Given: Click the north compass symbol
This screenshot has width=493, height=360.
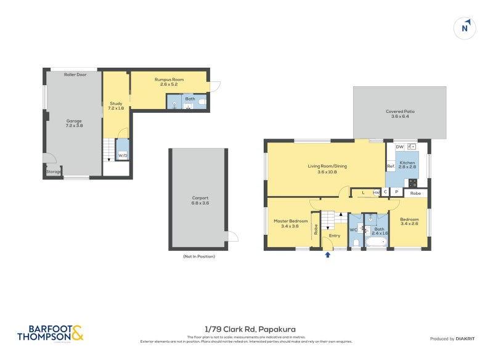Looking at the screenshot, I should point(467,27).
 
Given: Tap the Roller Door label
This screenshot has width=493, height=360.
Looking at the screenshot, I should point(75,75).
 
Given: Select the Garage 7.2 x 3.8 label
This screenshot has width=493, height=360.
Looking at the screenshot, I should point(74,123).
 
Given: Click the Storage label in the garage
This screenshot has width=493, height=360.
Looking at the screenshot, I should point(54,172).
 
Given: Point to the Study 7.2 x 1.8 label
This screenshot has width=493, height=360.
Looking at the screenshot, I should point(116,106).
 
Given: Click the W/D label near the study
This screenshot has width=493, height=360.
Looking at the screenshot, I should point(122,156).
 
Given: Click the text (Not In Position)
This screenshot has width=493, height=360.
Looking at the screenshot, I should point(199,256).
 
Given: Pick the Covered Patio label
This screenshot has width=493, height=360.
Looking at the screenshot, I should point(400,114).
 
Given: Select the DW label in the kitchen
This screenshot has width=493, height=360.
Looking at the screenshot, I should point(399,147).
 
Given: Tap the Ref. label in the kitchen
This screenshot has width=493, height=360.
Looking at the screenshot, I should point(391,166).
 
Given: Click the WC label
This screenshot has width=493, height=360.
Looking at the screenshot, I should point(353,230).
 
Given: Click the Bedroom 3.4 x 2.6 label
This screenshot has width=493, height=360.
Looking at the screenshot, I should point(409,222).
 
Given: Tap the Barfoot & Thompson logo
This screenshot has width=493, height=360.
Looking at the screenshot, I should point(50,333).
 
